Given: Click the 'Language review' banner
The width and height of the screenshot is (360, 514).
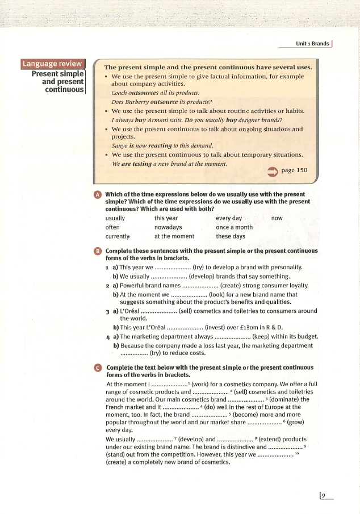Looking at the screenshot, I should pos(52,64).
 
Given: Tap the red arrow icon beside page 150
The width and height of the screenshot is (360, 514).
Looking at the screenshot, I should pos(271,171).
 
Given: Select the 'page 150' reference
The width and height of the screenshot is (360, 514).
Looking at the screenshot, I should pos(294,170).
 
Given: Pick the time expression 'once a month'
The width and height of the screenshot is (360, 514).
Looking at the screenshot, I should pos(234,227).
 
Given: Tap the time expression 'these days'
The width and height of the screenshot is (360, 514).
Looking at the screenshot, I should pos(231,236).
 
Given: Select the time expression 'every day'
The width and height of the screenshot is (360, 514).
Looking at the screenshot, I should pos(229,218).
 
